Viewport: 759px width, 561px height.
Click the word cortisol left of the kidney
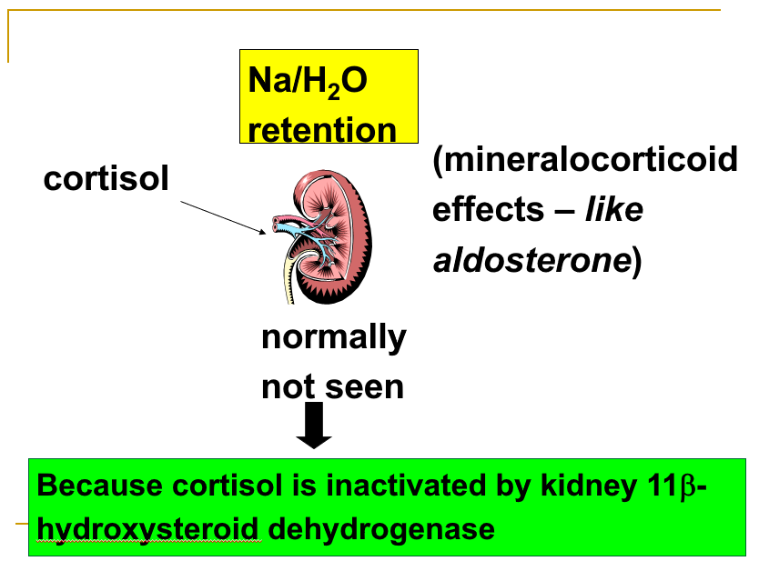click(x=106, y=179)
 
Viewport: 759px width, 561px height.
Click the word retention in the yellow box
click(x=322, y=129)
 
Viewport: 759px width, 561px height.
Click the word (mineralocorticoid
click(x=584, y=160)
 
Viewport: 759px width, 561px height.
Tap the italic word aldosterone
click(x=531, y=260)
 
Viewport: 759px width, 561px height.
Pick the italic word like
click(x=613, y=210)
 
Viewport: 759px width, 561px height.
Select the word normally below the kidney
click(x=333, y=337)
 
